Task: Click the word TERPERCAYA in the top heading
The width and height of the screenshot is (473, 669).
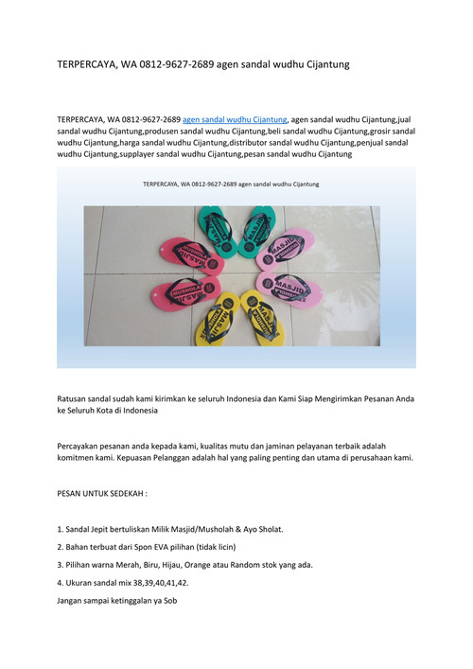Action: [88, 64]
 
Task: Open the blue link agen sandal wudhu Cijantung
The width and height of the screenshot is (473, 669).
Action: [235, 120]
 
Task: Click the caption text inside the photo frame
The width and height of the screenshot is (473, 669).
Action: [230, 184]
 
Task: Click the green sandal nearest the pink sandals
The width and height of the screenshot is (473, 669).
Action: [255, 227]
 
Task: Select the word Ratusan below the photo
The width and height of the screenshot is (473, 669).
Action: [76, 400]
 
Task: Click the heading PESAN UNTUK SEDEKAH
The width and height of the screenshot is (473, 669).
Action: [102, 494]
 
